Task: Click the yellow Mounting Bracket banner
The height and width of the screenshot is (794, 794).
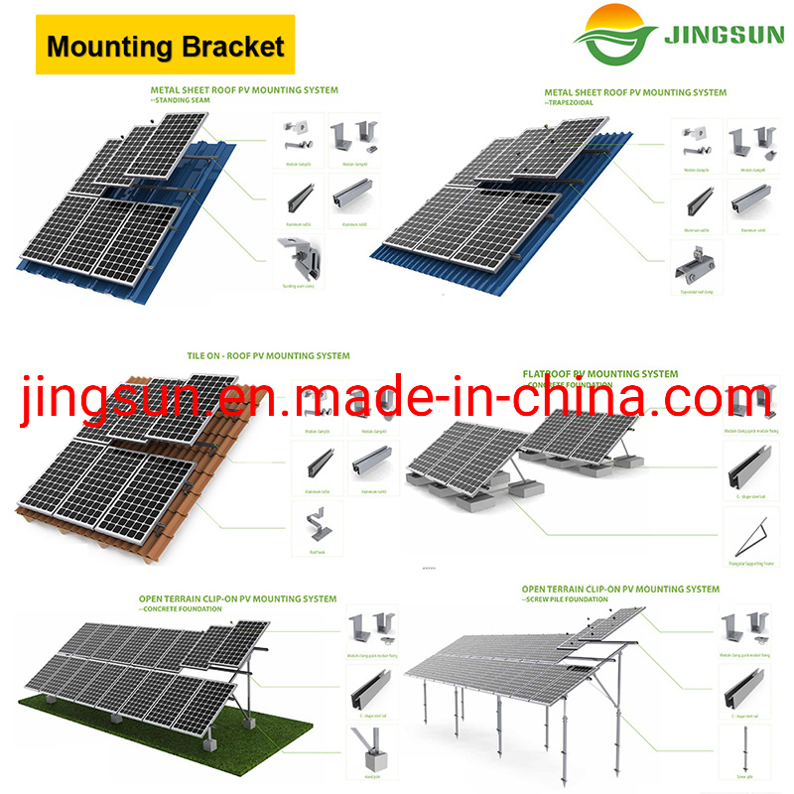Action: [166, 45]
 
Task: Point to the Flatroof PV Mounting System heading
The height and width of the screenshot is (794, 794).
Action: [600, 374]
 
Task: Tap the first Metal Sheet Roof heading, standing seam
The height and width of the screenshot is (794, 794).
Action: [244, 90]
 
